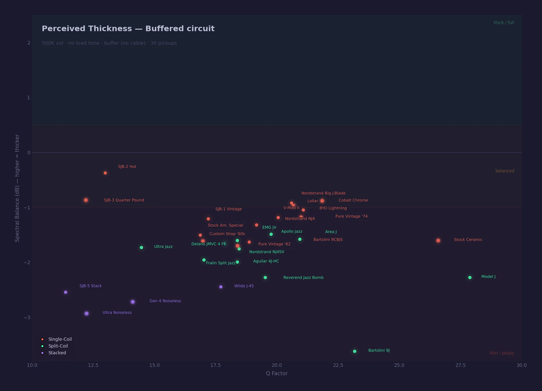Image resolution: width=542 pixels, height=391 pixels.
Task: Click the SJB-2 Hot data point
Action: point(105,173)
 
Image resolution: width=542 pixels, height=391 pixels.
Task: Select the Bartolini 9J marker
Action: point(355,351)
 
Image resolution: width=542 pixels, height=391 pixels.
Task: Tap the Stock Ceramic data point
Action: point(438,240)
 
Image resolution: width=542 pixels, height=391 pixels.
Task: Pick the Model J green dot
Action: point(470,277)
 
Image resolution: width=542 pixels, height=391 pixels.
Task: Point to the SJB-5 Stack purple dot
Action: point(66,292)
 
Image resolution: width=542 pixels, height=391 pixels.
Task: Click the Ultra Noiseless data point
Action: point(86,313)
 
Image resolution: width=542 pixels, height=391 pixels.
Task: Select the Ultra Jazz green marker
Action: point(141,248)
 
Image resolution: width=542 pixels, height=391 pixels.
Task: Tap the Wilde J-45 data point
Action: point(221,287)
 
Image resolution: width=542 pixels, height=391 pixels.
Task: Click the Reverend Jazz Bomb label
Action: point(303,277)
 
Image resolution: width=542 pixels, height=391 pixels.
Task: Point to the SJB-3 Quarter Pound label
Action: point(124,200)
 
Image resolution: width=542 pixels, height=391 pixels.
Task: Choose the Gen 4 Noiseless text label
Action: point(165,301)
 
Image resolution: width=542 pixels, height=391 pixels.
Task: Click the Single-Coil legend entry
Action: point(60,339)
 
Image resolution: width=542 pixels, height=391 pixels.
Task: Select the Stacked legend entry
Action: point(57,353)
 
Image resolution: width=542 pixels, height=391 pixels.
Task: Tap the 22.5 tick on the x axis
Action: point(338,365)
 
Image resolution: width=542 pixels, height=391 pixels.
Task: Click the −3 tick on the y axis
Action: point(27,317)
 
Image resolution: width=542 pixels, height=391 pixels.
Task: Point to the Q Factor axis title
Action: point(277,373)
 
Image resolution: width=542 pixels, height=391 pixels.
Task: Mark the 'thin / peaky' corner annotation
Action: point(502,353)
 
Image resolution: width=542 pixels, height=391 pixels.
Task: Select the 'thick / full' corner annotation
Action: point(504,23)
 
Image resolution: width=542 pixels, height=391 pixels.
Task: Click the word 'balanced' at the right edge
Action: point(505,171)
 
